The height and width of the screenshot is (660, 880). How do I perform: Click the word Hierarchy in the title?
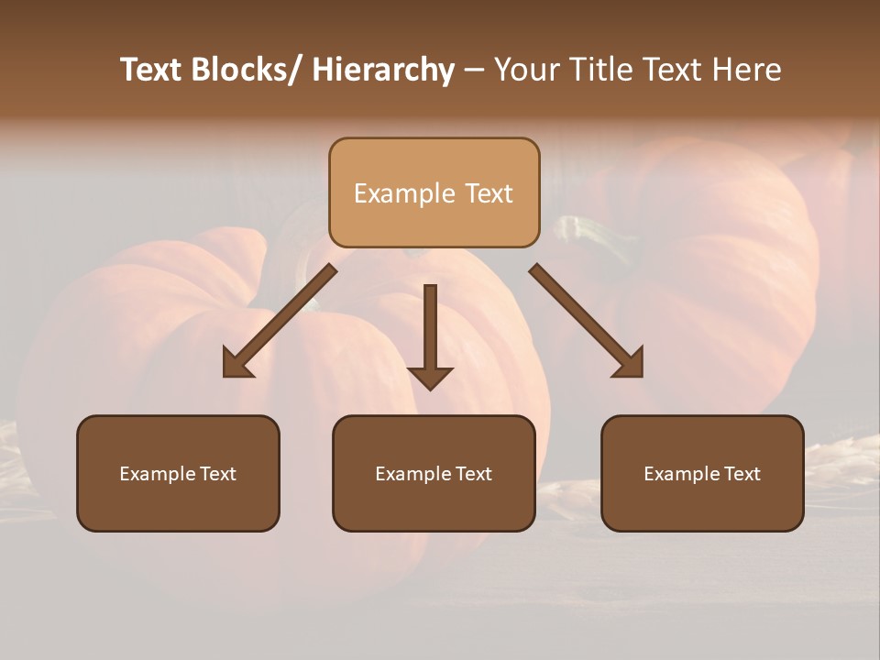383,70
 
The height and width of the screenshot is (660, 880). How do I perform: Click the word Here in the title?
744,70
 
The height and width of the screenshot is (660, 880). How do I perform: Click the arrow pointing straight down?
430,330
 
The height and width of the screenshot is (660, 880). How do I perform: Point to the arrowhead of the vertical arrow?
430,378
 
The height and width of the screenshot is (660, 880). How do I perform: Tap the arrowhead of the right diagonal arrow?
630,364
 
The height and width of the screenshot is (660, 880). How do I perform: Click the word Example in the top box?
404,193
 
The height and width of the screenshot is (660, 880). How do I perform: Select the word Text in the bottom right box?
741,474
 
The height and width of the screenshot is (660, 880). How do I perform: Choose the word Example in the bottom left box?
158,474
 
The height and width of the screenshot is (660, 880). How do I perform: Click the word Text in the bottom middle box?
472,474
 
